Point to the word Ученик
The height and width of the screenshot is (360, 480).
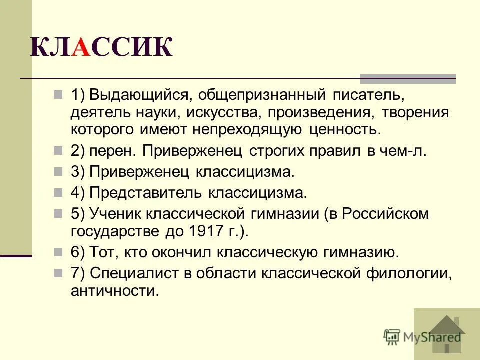(116, 213)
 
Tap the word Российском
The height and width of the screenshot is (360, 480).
(384, 213)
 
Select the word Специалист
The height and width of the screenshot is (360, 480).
(140, 273)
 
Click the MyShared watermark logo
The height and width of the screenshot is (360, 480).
(422, 336)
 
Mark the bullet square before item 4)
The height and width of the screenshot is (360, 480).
(58, 191)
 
